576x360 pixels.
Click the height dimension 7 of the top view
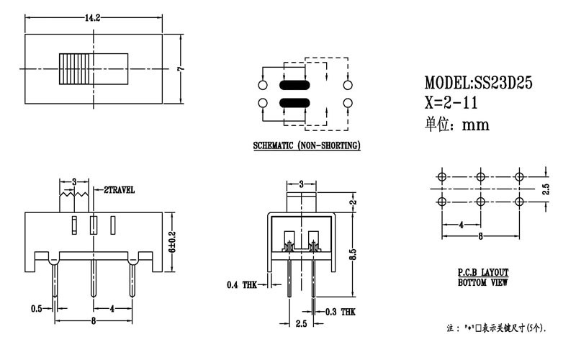pyautogui.click(x=182, y=68)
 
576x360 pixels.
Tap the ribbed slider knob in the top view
pyautogui.click(x=73, y=68)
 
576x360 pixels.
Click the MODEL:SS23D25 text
pyautogui.click(x=478, y=83)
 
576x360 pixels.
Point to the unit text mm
pyautogui.click(x=474, y=125)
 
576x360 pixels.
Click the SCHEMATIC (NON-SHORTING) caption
pyautogui.click(x=307, y=146)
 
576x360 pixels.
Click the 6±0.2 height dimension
pyautogui.click(x=171, y=242)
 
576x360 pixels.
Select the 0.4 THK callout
pyautogui.click(x=242, y=286)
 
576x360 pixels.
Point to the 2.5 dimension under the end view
pyautogui.click(x=301, y=325)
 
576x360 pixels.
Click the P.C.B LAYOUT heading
pyautogui.click(x=483, y=273)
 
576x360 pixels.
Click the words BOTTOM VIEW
pyautogui.click(x=483, y=283)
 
